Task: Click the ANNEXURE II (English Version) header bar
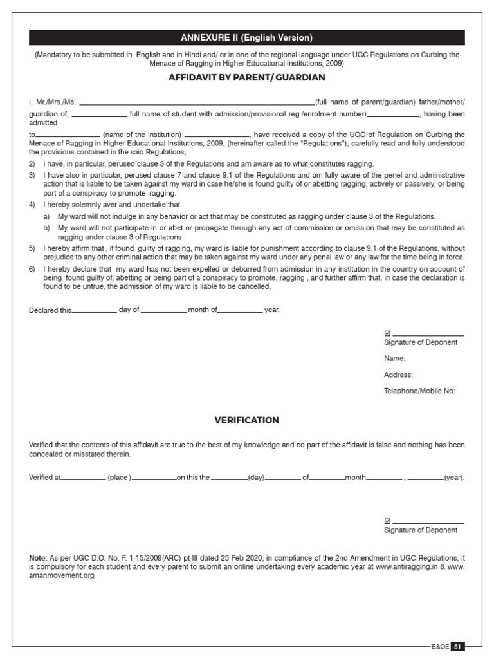(x=247, y=37)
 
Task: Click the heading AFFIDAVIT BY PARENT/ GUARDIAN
(x=247, y=78)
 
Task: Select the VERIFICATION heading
(x=247, y=420)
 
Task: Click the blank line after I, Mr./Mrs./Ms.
(x=196, y=103)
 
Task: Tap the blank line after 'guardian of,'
(x=99, y=115)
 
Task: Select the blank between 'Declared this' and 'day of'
(x=94, y=311)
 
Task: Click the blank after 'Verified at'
(x=83, y=479)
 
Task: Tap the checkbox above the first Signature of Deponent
(x=387, y=333)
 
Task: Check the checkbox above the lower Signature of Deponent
(x=387, y=521)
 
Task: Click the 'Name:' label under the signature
(x=394, y=358)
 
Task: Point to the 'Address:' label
(x=398, y=375)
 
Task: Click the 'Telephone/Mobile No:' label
(x=419, y=391)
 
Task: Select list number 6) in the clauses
(x=32, y=268)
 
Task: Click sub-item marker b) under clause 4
(x=46, y=228)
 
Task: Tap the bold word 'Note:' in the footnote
(x=38, y=557)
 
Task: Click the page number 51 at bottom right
(x=457, y=646)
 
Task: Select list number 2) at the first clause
(x=32, y=164)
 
